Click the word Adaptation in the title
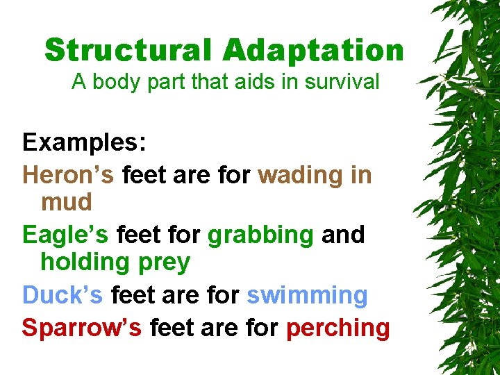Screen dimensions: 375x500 coord(313,51)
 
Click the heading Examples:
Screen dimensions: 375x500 coord(84,142)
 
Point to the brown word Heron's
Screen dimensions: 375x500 coord(68,174)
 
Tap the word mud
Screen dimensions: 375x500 coord(66,202)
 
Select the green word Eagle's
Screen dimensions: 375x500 coord(65,235)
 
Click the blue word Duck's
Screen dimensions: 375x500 coord(62,295)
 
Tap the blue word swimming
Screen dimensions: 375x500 coord(307,296)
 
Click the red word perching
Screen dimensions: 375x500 coord(337,327)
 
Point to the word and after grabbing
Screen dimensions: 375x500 coord(343,235)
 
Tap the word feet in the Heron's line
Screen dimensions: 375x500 coord(144,174)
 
